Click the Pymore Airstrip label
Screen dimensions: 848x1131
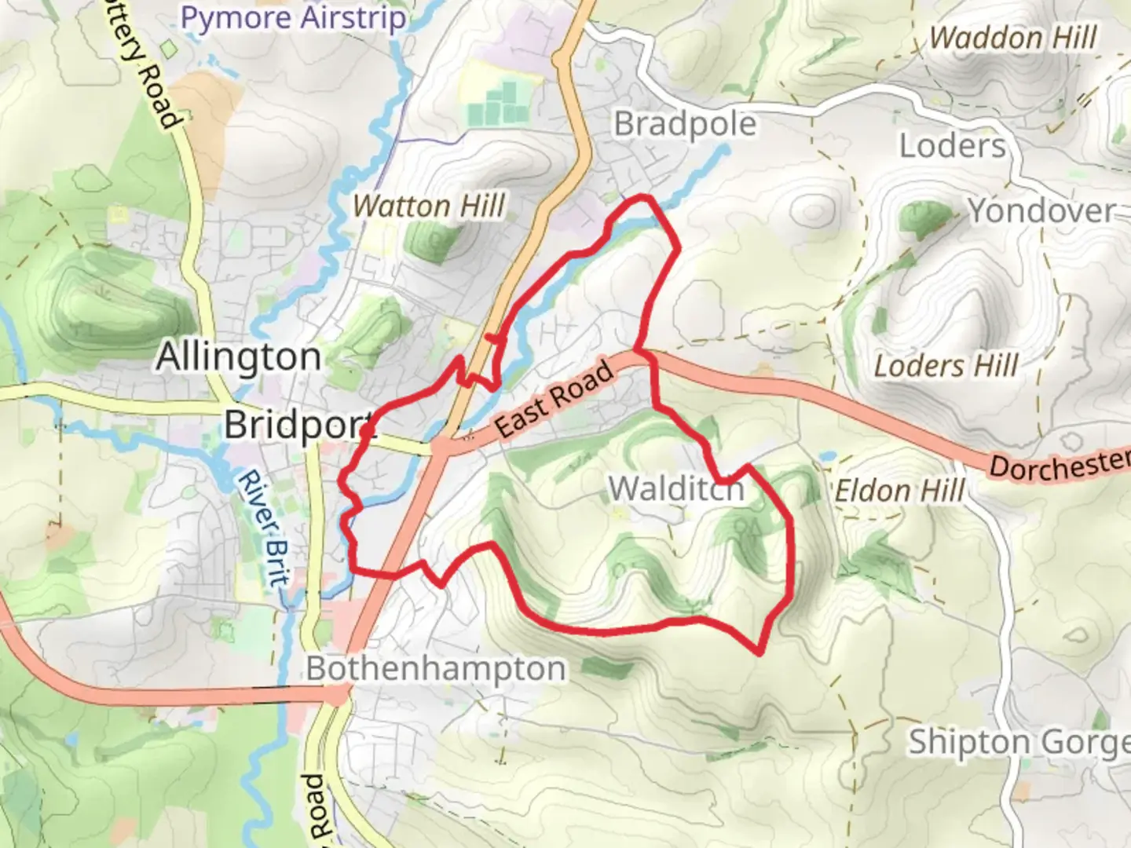tap(294, 18)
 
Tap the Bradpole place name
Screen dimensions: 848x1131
tap(685, 124)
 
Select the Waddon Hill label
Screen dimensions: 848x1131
tap(1013, 38)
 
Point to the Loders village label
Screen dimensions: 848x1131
tap(952, 146)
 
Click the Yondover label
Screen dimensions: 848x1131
tap(1041, 210)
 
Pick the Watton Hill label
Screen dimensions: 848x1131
tap(428, 207)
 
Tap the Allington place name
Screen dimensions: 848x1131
tap(239, 357)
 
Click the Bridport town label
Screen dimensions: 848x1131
tap(298, 425)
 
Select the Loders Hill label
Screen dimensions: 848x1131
tap(946, 366)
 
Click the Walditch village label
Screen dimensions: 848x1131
tap(676, 489)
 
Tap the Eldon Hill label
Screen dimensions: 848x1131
tap(899, 492)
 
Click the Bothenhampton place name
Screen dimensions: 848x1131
tap(436, 669)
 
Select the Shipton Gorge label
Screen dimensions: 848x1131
tap(1019, 742)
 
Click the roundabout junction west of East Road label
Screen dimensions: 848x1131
tap(440, 447)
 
